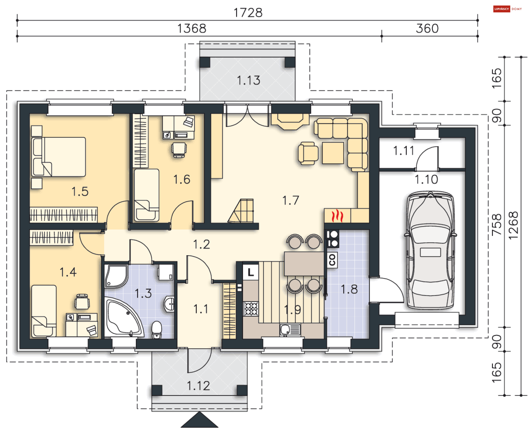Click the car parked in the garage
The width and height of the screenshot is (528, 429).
tap(430, 250)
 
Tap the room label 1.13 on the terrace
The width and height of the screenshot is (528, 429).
tap(248, 80)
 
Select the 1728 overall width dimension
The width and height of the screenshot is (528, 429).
tap(248, 13)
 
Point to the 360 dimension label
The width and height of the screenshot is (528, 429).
tap(427, 28)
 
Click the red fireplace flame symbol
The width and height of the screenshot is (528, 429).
tap(337, 216)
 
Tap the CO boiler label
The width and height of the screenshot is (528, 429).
tap(332, 260)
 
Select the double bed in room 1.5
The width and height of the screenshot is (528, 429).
tap(59, 157)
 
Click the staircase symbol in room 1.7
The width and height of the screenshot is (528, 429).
tap(241, 211)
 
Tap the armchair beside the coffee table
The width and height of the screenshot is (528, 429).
tap(308, 153)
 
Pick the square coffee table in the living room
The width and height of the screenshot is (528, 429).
tap(333, 153)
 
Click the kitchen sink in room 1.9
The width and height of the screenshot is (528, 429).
tap(290, 330)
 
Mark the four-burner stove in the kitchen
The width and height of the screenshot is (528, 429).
tap(251, 309)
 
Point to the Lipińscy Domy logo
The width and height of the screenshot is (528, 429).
tap(507, 9)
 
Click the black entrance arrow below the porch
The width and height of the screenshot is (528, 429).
tap(199, 420)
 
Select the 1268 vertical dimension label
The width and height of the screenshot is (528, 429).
tap(513, 226)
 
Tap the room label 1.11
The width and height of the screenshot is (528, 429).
tap(403, 151)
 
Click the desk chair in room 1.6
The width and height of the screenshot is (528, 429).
tap(179, 150)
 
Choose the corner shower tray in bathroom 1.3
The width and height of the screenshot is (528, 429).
tap(116, 276)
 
